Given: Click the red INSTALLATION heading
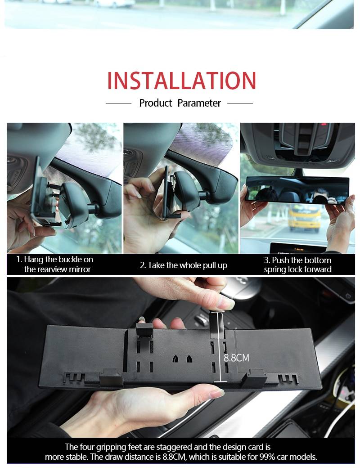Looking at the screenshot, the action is [181, 81].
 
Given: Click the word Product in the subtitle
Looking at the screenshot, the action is [155, 103].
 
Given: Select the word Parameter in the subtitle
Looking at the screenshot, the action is [199, 103].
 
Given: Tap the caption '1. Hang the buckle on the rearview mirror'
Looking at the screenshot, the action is [54, 264].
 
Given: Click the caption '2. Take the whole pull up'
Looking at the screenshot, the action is [183, 265].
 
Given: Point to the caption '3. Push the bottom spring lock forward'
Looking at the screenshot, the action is [297, 265].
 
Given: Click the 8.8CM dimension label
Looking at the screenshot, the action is [237, 358].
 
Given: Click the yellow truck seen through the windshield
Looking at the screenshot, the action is [304, 217].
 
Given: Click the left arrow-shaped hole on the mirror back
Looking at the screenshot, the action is [176, 359].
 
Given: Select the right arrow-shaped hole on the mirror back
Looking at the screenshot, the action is [189, 359].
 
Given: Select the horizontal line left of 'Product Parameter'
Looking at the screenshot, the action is [118, 103].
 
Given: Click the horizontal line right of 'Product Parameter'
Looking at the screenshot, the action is [240, 103].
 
